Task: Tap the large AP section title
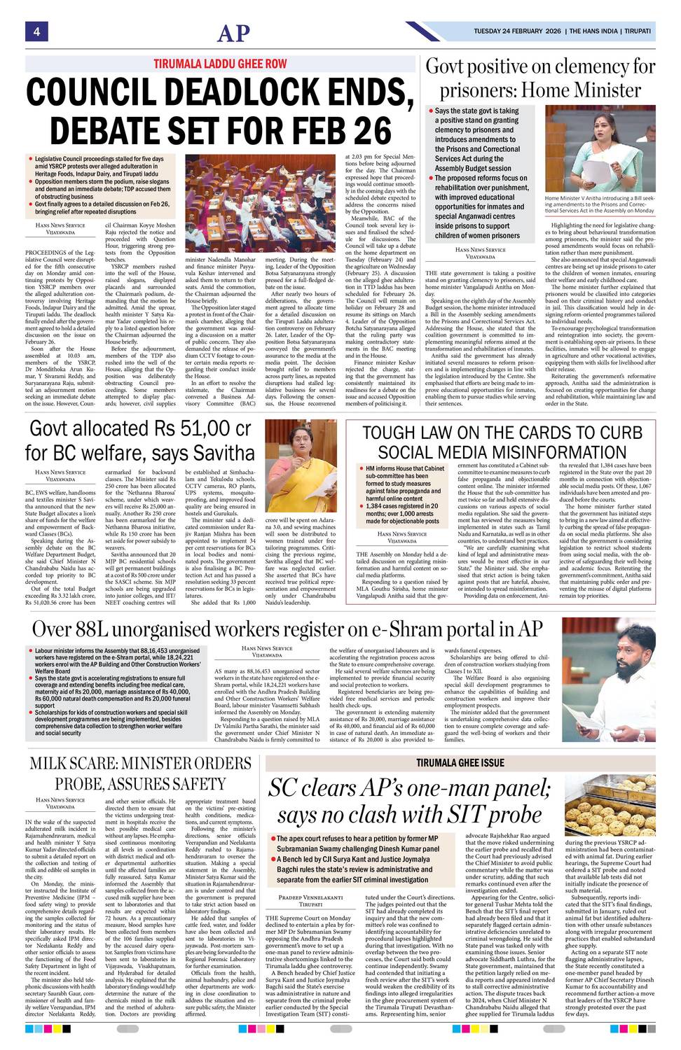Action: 233,33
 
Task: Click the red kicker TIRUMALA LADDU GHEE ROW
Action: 220,64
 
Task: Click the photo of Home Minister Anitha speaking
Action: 600,149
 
